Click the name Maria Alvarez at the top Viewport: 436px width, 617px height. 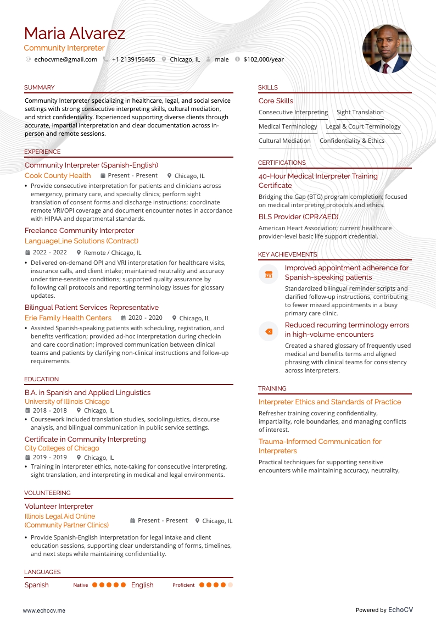click(x=75, y=34)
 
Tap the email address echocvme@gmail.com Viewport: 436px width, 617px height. click(x=65, y=59)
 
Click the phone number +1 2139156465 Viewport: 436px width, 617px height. click(x=133, y=59)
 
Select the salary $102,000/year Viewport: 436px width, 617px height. click(x=264, y=59)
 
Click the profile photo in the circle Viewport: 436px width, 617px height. click(x=387, y=49)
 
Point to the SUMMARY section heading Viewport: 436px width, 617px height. click(x=40, y=87)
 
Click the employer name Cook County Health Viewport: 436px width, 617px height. click(x=58, y=176)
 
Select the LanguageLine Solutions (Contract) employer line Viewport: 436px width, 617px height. click(x=81, y=241)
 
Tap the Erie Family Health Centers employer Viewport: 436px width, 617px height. click(x=68, y=318)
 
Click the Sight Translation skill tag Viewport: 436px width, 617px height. click(x=360, y=112)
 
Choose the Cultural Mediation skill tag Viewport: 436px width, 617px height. click(x=284, y=141)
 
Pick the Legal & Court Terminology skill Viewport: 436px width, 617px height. click(x=363, y=126)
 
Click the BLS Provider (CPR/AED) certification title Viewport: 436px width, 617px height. click(x=299, y=217)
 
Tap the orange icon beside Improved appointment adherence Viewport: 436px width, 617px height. click(x=269, y=274)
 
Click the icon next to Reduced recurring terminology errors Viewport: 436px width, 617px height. click(x=269, y=331)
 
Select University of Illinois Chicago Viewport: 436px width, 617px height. click(x=67, y=402)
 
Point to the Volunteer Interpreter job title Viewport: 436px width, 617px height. click(x=59, y=507)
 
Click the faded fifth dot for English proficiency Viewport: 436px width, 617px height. click(x=230, y=585)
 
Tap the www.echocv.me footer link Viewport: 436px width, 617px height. click(x=44, y=610)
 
